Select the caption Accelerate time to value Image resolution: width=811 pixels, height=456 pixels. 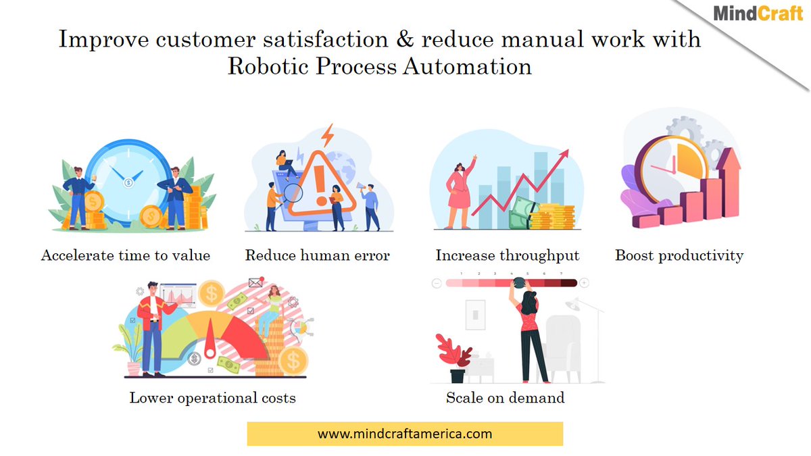pyautogui.click(x=126, y=255)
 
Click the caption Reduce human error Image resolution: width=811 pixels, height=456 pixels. pyautogui.click(x=318, y=255)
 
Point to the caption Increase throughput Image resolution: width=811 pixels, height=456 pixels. pyautogui.click(x=508, y=255)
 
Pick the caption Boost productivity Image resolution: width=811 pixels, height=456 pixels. pyautogui.click(x=679, y=255)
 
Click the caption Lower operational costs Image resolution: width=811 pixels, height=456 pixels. pyautogui.click(x=212, y=397)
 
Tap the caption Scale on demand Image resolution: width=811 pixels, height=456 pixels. pyautogui.click(x=505, y=397)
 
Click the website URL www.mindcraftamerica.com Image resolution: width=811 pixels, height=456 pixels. pyautogui.click(x=405, y=434)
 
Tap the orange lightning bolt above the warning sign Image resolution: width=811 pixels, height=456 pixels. pyautogui.click(x=328, y=135)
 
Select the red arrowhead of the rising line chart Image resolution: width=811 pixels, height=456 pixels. pyautogui.click(x=564, y=155)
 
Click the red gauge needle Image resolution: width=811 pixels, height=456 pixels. pyautogui.click(x=210, y=337)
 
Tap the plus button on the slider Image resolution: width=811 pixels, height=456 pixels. pyautogui.click(x=584, y=283)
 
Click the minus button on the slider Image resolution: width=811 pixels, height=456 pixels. pyautogui.click(x=437, y=283)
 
